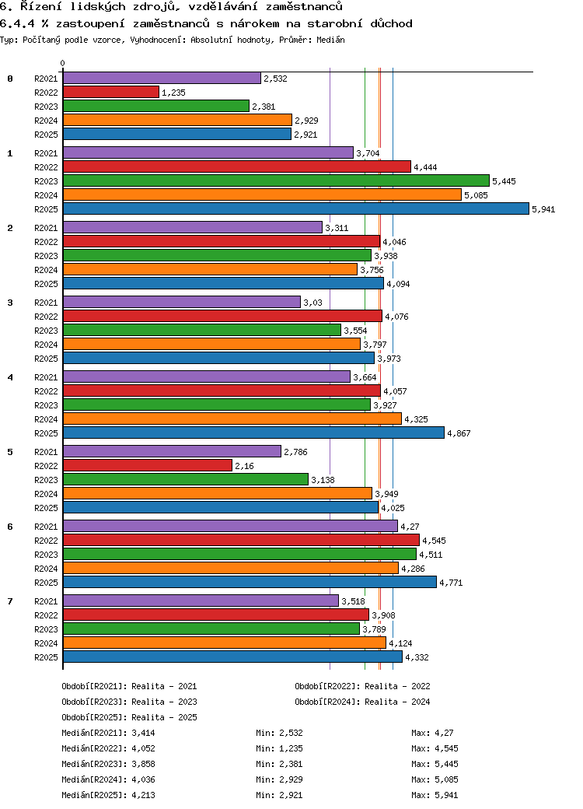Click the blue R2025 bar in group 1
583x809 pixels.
click(296, 208)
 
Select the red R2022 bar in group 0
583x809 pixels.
click(111, 92)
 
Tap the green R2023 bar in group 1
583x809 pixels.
click(276, 180)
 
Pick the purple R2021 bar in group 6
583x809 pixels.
click(230, 526)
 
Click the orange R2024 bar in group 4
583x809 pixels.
click(232, 419)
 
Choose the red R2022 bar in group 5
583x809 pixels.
click(148, 465)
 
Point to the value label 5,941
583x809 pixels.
click(543, 209)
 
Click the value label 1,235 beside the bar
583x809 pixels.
click(173, 93)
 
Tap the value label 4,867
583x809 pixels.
click(459, 433)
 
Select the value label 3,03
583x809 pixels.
click(312, 303)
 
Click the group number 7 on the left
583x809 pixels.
click(10, 601)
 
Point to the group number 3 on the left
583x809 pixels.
click(10, 302)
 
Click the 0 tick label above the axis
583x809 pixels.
click(62, 63)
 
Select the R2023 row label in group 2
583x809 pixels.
click(46, 256)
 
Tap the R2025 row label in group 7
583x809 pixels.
click(46, 657)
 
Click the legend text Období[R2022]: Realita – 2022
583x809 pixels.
click(362, 686)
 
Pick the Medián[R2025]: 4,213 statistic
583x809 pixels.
click(108, 795)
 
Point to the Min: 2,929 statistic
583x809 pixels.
click(279, 779)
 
